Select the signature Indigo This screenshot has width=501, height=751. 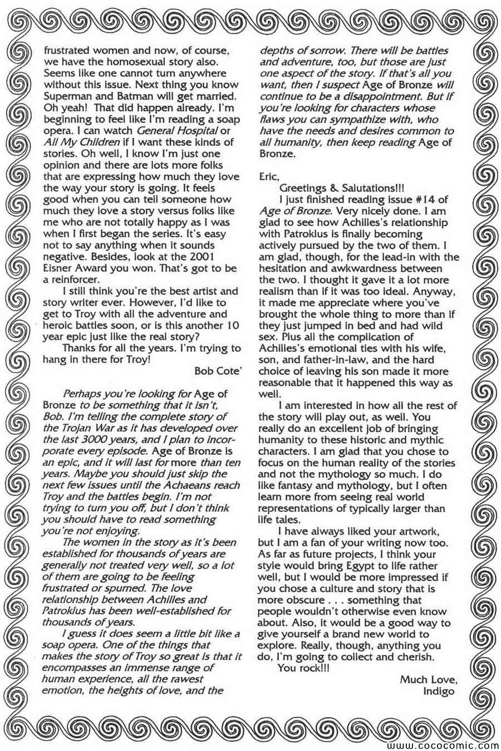tap(441, 691)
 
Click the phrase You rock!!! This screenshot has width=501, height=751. tap(303, 668)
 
